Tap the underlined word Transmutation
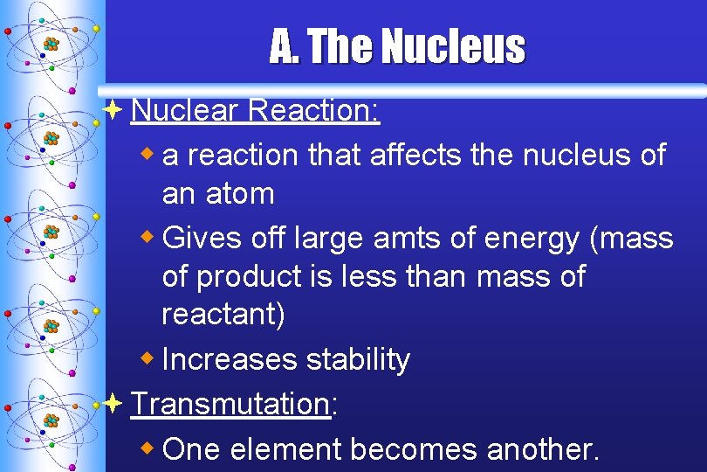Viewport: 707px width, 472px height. tap(229, 404)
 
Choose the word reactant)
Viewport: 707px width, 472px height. tap(223, 315)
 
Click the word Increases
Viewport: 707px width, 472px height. tap(230, 359)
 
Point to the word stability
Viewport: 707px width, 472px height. tap(358, 359)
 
